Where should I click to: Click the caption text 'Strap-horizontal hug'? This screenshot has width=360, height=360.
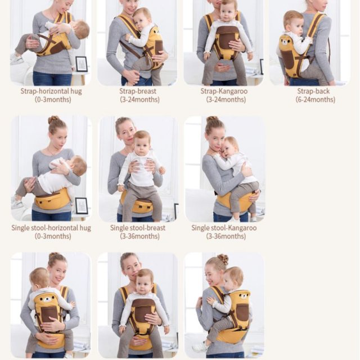point(51,91)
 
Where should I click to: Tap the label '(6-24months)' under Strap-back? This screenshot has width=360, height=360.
point(315,100)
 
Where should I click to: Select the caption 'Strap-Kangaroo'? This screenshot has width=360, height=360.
point(224,91)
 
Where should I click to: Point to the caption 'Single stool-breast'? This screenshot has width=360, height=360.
point(138,228)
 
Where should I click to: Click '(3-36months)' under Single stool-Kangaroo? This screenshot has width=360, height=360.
point(226,236)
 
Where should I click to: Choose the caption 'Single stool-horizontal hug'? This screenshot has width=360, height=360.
point(51,228)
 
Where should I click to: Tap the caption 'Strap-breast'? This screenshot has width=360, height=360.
point(138,91)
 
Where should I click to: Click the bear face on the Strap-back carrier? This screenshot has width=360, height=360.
point(285,43)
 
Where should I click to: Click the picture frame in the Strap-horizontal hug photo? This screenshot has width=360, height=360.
point(82,64)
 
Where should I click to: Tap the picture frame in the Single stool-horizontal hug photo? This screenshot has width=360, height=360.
point(82,206)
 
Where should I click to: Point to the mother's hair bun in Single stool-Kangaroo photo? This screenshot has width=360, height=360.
point(211,120)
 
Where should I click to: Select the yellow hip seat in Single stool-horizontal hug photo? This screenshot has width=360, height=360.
point(52,200)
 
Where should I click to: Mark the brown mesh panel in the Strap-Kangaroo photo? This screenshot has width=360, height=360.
point(227,38)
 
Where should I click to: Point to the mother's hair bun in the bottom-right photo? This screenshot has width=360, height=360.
point(223,259)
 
